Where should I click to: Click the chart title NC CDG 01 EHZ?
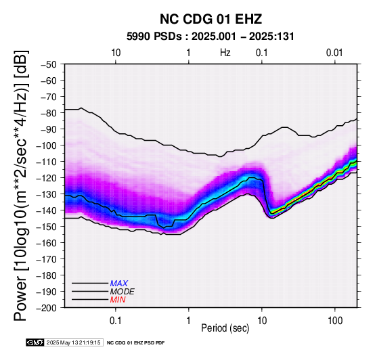click(x=211, y=19)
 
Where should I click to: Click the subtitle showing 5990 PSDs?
click(x=210, y=37)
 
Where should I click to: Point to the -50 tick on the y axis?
click(x=48, y=64)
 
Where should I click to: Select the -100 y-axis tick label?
click(x=47, y=145)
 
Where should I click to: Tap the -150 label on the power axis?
click(x=47, y=227)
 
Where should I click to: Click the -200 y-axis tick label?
click(x=47, y=308)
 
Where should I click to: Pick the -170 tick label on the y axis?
click(x=47, y=259)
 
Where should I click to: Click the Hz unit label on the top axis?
click(x=225, y=53)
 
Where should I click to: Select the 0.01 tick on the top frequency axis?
click(x=334, y=53)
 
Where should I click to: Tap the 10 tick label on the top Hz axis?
click(x=116, y=53)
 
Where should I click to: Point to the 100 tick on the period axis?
click(x=335, y=321)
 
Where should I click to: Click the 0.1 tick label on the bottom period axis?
click(x=115, y=321)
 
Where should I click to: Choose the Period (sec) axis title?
click(x=225, y=328)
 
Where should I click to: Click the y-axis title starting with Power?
click(x=20, y=185)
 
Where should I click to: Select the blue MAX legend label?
click(x=119, y=284)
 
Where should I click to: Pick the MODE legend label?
click(x=123, y=292)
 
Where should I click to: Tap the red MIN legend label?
click(x=118, y=300)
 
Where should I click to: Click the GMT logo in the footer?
click(x=35, y=342)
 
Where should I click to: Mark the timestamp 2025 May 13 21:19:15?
click(x=73, y=342)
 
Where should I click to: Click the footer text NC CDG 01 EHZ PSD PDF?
click(x=135, y=343)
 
